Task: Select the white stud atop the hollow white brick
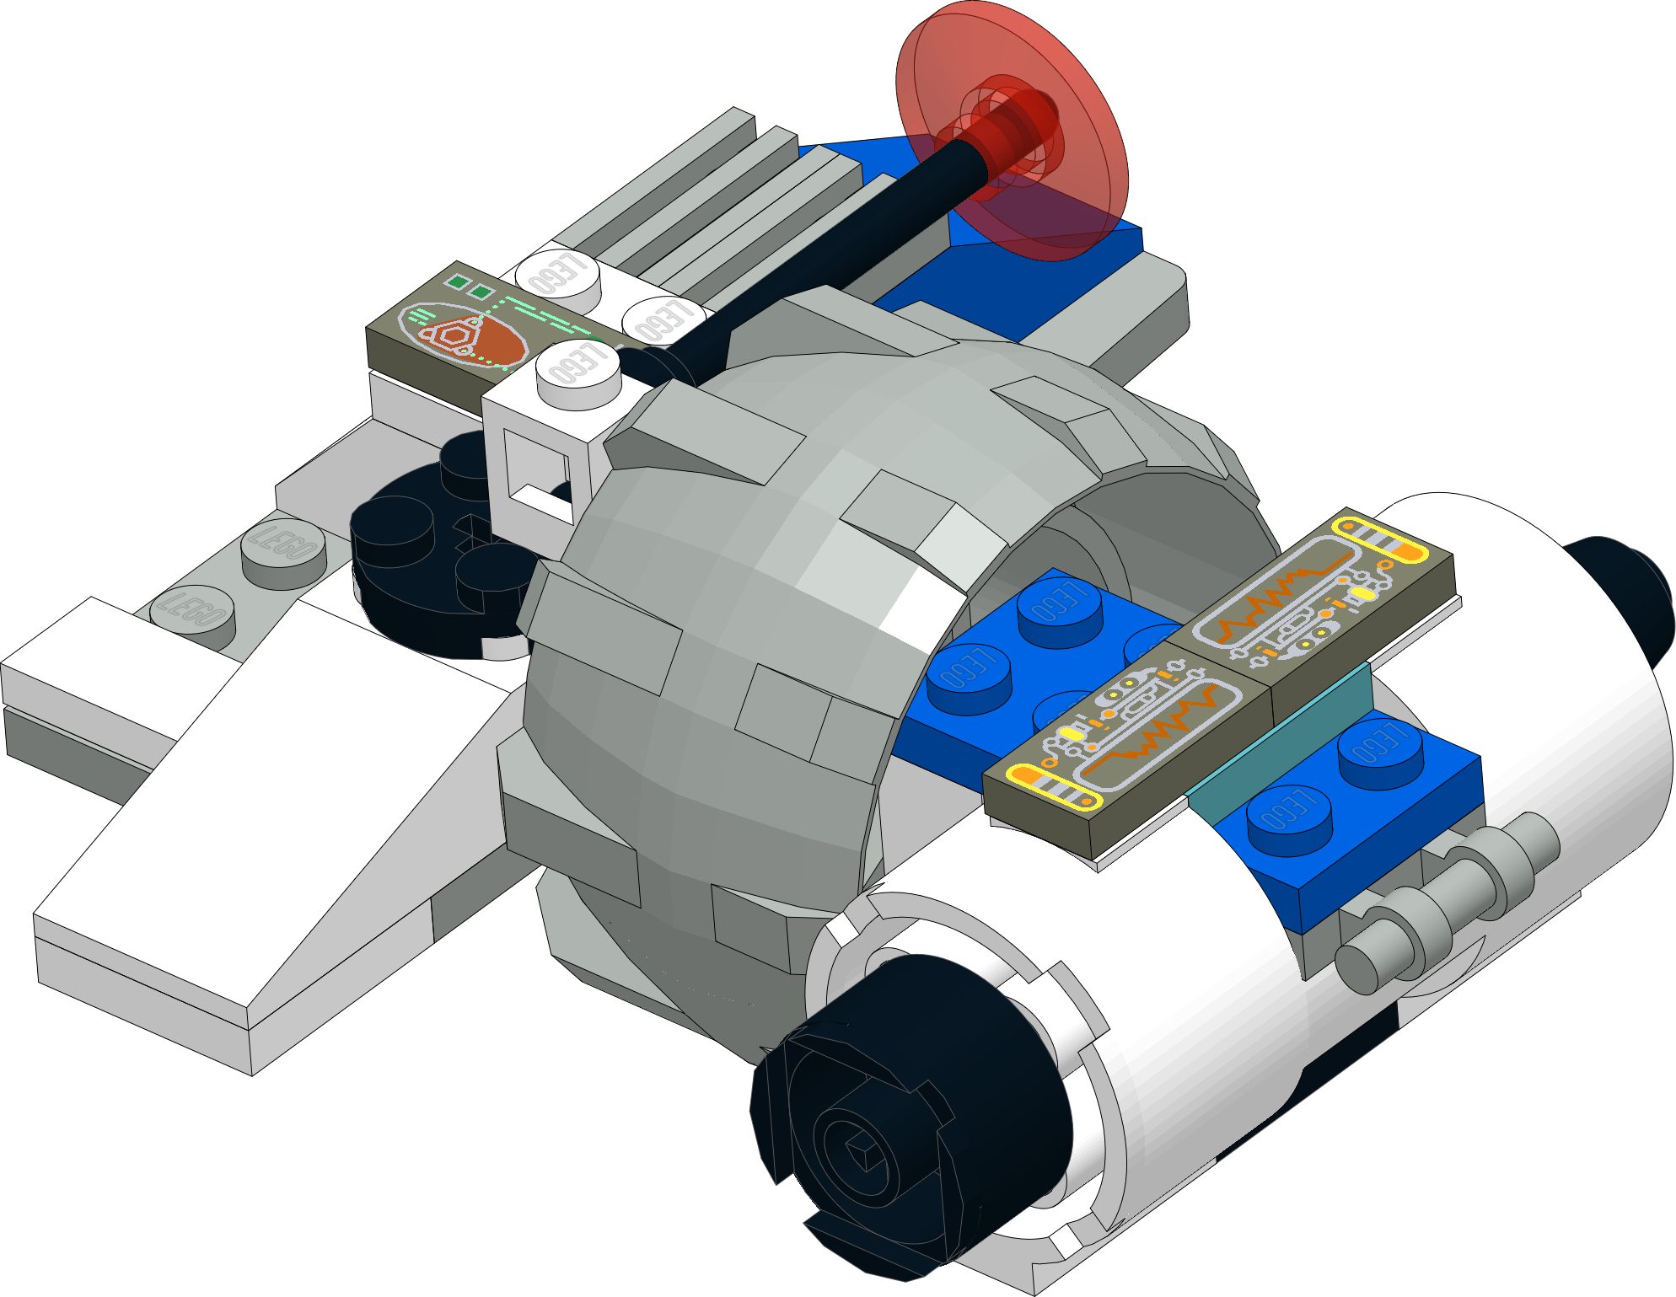[x=578, y=371]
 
